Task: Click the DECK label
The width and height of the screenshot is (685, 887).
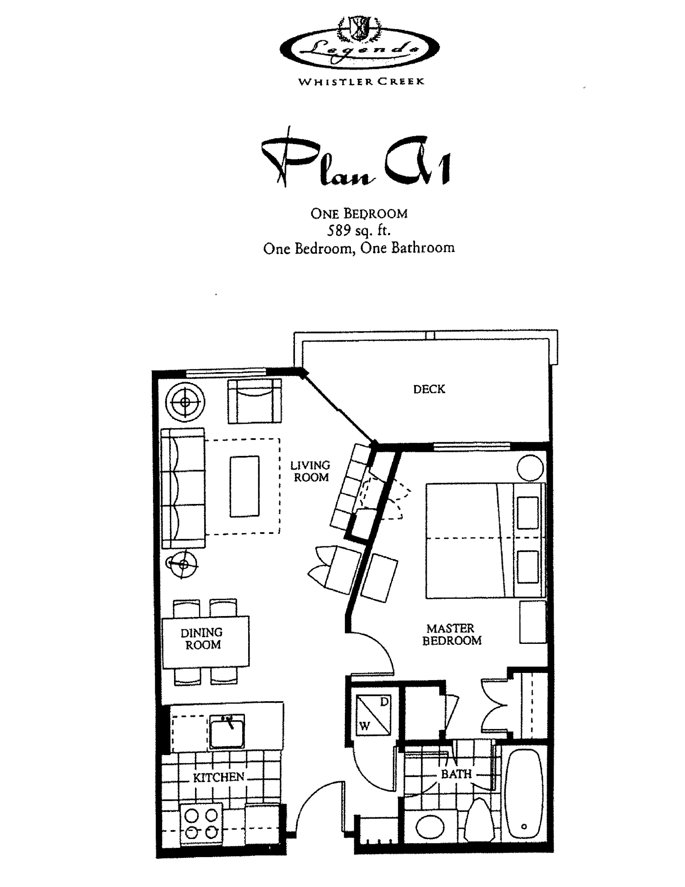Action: click(x=429, y=389)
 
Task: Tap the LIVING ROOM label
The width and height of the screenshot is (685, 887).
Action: click(x=310, y=471)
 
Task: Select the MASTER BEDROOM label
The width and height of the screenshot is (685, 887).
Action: click(x=451, y=634)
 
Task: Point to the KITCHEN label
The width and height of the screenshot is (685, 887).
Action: click(x=219, y=777)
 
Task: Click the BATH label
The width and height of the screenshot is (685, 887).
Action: click(x=457, y=774)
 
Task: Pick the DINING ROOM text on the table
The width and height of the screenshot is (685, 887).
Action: click(x=202, y=639)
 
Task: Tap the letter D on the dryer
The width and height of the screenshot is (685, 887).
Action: click(x=384, y=702)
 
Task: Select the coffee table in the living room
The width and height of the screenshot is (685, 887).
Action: click(x=244, y=486)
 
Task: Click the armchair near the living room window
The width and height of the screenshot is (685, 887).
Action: click(x=254, y=401)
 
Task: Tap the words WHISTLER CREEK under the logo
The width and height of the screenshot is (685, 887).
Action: click(x=361, y=81)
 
